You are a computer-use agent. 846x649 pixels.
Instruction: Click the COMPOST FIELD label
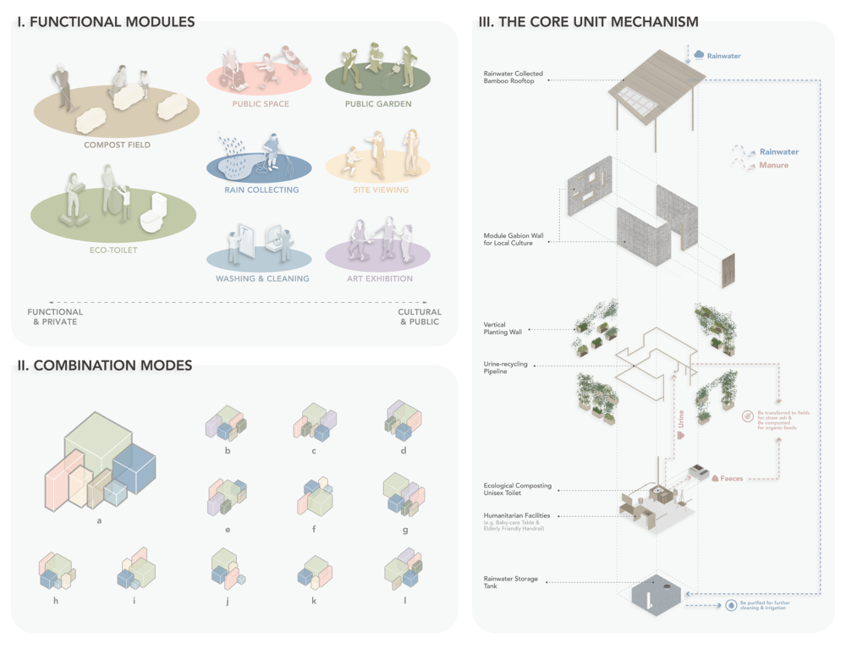[x=117, y=145]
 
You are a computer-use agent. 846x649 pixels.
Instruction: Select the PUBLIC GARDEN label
[x=378, y=104]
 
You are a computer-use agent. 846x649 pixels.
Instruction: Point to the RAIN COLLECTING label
[x=261, y=190]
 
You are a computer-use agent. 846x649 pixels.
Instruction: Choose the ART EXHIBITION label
[x=379, y=278]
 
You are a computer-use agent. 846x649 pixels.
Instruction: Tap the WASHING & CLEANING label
[x=261, y=278]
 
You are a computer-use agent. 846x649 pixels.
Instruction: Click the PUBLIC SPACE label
[x=261, y=104]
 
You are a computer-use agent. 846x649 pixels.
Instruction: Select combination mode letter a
[x=99, y=520]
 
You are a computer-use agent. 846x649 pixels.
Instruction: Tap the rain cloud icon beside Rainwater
[x=699, y=55]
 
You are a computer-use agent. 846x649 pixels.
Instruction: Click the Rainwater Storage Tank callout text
[x=512, y=583]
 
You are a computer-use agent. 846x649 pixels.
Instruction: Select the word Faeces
[x=732, y=478]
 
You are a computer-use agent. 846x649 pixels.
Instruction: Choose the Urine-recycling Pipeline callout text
[x=506, y=367]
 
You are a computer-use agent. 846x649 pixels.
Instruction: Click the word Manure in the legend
[x=773, y=165]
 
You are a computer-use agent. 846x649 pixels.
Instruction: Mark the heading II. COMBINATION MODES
[x=105, y=366]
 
